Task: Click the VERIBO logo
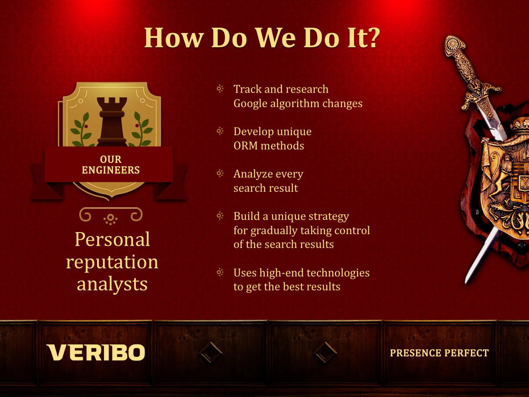pyautogui.click(x=96, y=352)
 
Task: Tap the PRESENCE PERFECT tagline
pyautogui.click(x=439, y=353)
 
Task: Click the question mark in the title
pyautogui.click(x=372, y=38)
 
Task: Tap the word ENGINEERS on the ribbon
pyautogui.click(x=111, y=170)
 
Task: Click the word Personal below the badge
pyautogui.click(x=112, y=239)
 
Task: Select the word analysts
pyautogui.click(x=112, y=285)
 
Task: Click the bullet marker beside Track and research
pyautogui.click(x=220, y=89)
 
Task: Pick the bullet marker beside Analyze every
pyautogui.click(x=220, y=173)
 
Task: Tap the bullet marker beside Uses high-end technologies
pyautogui.click(x=220, y=272)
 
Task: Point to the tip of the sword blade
pyautogui.click(x=466, y=283)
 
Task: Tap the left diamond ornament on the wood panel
pyautogui.click(x=210, y=352)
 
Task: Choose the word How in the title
pyautogui.click(x=174, y=38)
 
